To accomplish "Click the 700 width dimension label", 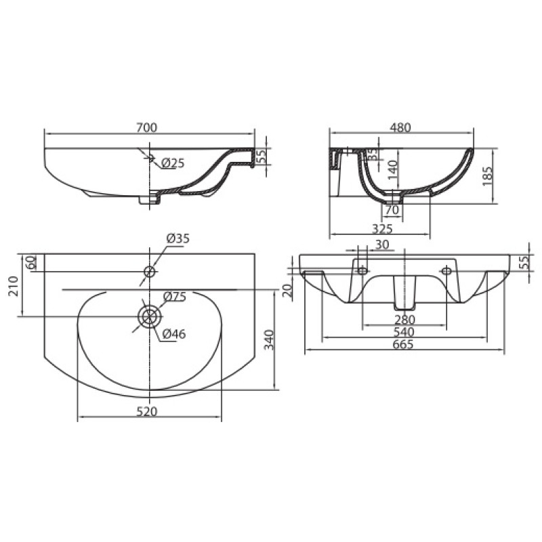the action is click(x=146, y=127).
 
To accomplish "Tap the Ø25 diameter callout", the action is click(x=173, y=163).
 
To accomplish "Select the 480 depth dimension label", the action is click(x=400, y=127).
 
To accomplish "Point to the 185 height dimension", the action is click(x=486, y=176).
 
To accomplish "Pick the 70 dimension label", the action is click(x=392, y=210).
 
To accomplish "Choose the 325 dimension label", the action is click(x=382, y=229).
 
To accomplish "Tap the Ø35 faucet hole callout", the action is click(x=178, y=238).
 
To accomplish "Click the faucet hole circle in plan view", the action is click(x=149, y=272).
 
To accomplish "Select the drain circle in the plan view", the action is click(x=149, y=316).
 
